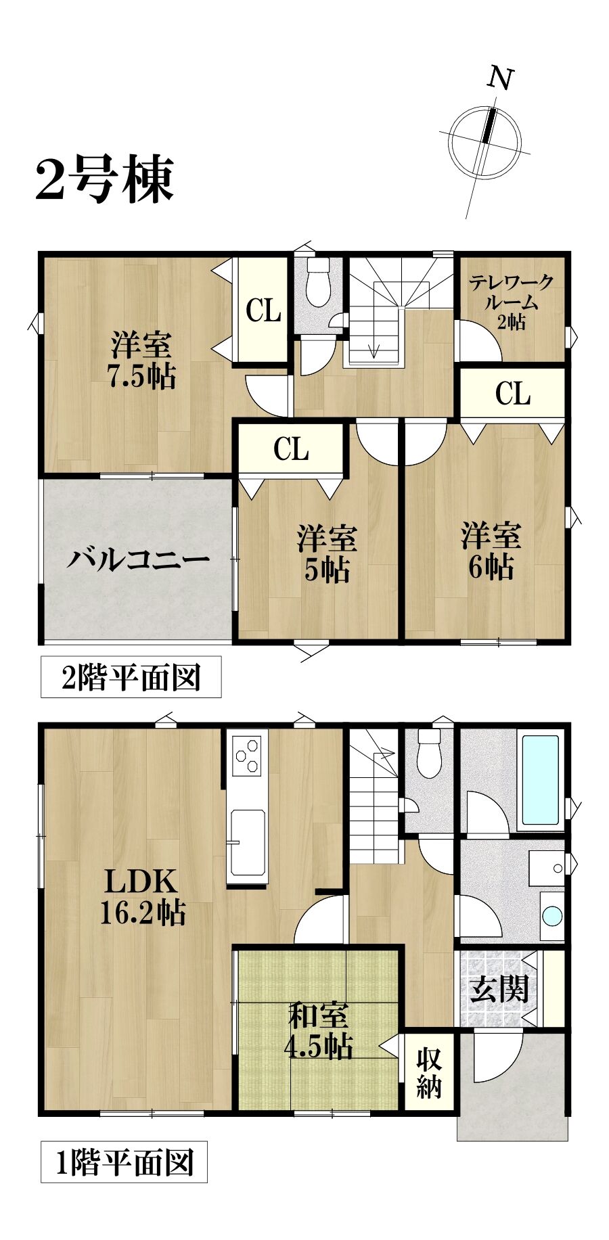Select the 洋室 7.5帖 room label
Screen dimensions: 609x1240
pyautogui.click(x=142, y=360)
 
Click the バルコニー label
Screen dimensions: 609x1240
pyautogui.click(x=138, y=560)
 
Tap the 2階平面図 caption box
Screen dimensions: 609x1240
pyautogui.click(x=131, y=676)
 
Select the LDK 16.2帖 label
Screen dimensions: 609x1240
pyautogui.click(x=142, y=897)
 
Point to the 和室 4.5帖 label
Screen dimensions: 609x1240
pyautogui.click(x=318, y=1030)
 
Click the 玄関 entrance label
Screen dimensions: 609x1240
pyautogui.click(x=499, y=990)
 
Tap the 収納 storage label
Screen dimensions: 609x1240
pyautogui.click(x=429, y=1072)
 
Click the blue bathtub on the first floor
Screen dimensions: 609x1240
pyautogui.click(x=541, y=780)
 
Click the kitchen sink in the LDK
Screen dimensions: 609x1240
pyautogui.click(x=247, y=842)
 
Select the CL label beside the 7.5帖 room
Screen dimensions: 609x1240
pyautogui.click(x=263, y=311)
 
